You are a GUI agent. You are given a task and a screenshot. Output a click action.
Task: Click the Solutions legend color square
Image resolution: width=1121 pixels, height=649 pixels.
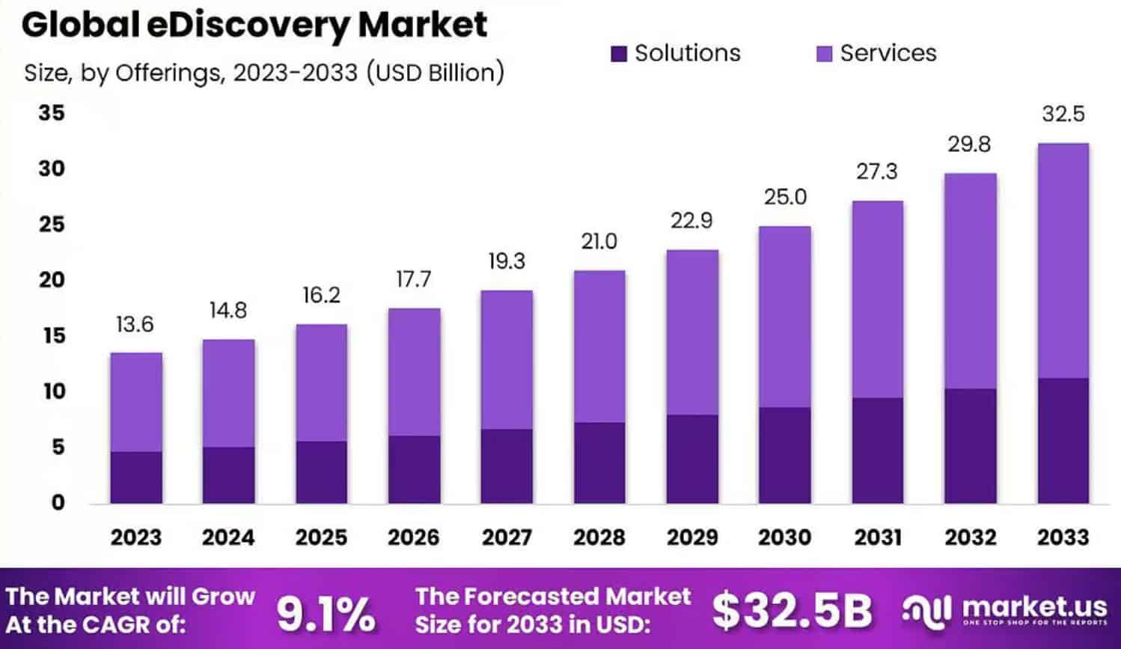[x=618, y=54]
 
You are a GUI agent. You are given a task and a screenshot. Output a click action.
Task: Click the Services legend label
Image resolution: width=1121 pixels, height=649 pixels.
[x=888, y=53]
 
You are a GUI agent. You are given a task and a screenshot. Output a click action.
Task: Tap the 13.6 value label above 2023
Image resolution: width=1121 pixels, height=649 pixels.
[x=135, y=324]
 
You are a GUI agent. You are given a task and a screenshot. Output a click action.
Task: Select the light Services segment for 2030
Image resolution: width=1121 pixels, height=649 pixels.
[x=784, y=317]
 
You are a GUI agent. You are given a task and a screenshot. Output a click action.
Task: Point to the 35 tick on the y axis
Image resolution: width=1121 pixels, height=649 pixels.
[x=52, y=113]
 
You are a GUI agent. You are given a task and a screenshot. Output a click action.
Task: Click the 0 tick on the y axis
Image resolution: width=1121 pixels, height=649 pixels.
[x=58, y=502]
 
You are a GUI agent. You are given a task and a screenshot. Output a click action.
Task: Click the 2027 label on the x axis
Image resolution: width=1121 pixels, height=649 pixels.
[x=507, y=537]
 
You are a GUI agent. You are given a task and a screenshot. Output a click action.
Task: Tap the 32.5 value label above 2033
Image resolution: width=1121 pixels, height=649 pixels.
[x=1063, y=114]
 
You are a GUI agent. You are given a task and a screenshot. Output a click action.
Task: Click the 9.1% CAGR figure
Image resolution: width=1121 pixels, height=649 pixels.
[x=326, y=614]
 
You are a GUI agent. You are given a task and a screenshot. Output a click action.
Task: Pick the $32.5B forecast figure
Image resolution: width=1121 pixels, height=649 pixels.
[x=791, y=610]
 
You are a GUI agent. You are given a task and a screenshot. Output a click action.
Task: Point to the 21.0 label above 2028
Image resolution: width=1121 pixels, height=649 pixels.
[x=599, y=242]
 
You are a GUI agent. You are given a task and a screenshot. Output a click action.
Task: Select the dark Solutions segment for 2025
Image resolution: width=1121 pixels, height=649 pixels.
[x=321, y=472]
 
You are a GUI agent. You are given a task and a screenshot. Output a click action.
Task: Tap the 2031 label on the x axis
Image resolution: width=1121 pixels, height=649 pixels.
[x=878, y=537]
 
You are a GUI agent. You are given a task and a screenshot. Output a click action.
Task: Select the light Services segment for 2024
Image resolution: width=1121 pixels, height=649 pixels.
[x=228, y=393]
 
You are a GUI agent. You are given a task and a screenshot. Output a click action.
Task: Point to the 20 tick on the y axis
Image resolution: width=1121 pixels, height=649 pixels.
[x=52, y=280]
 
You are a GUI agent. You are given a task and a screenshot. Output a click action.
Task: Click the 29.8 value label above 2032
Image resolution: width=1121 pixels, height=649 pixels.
[x=969, y=144]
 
